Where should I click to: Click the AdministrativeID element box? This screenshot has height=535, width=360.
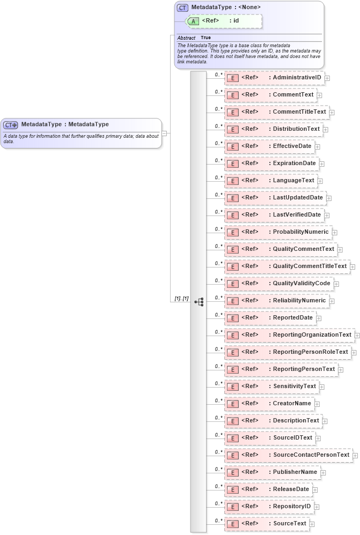click(274, 78)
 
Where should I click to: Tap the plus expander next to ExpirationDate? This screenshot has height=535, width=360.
click(322, 164)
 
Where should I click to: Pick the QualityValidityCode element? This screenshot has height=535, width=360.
click(278, 283)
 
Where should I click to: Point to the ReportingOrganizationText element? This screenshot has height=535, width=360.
click(289, 335)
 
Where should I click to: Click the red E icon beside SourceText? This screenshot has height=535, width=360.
click(233, 524)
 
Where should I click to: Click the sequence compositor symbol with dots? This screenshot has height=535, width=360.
click(199, 302)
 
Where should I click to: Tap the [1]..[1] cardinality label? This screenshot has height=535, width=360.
click(181, 298)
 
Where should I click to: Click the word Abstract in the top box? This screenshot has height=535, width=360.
click(186, 38)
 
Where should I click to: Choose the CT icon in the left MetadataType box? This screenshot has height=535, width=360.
click(11, 124)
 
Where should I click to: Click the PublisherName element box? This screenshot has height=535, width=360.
click(273, 472)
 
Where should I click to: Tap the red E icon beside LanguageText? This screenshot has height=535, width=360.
click(233, 181)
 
